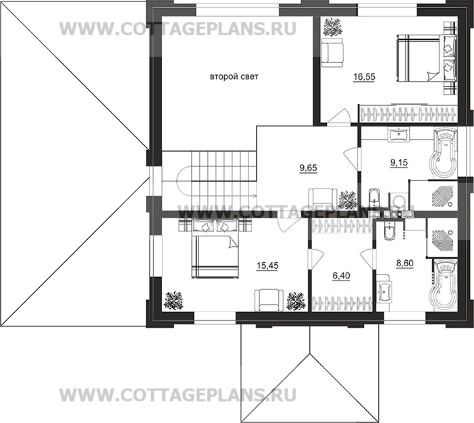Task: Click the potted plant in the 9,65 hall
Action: pos(348,199)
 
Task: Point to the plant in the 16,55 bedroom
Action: pos(332,28)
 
